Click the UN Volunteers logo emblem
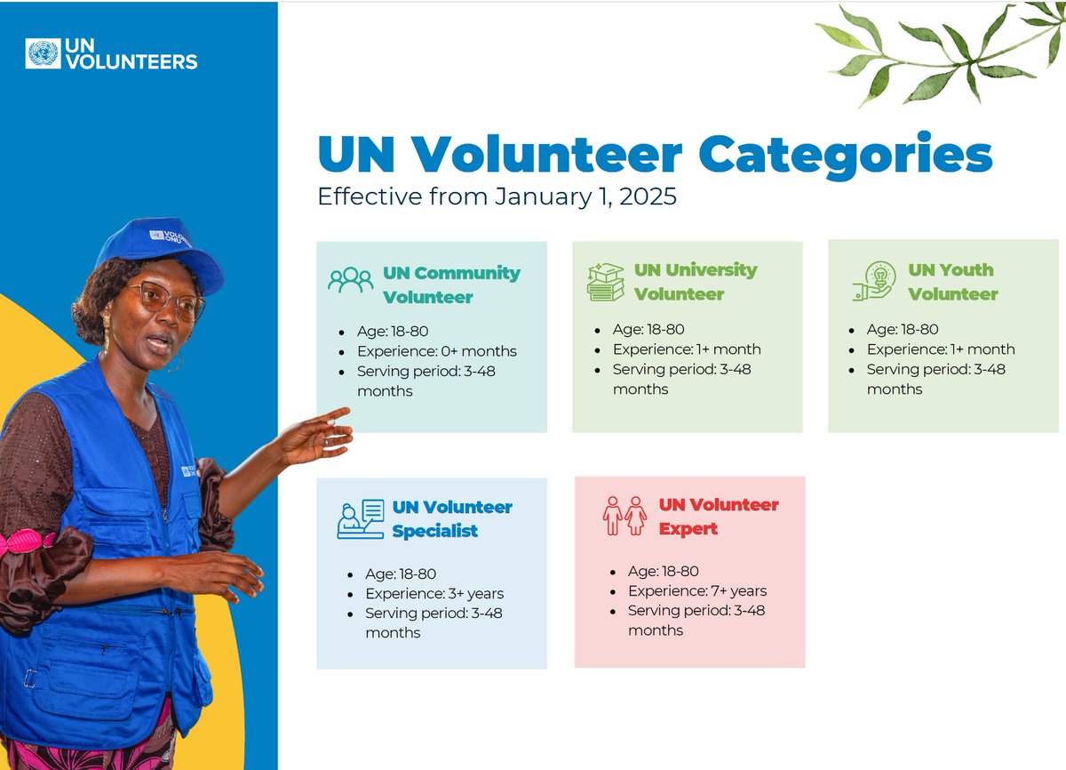(x=43, y=54)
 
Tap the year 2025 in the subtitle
(x=648, y=197)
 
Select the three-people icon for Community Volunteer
(x=350, y=280)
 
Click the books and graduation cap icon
(x=606, y=282)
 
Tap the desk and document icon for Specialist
(x=360, y=519)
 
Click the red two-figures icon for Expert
(x=624, y=516)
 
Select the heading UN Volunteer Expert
(x=718, y=517)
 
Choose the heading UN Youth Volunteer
(x=951, y=282)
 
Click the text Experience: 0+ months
(x=436, y=351)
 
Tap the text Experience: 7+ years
(x=696, y=591)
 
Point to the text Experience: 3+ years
(x=434, y=594)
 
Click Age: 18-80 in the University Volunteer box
(x=648, y=329)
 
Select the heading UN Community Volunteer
(x=451, y=285)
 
